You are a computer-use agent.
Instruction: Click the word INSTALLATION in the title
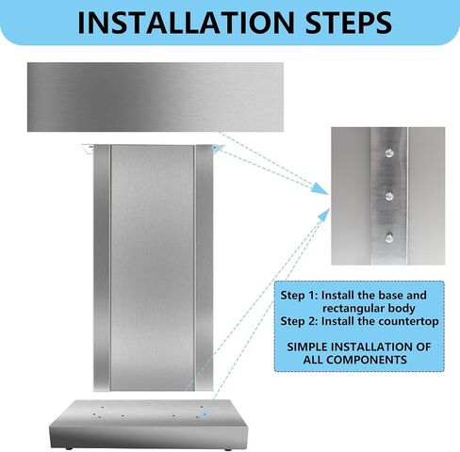pos(186,23)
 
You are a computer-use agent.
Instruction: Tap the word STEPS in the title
pos(349,23)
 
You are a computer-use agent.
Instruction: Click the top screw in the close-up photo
pos(389,153)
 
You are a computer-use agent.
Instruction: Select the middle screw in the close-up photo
pos(389,196)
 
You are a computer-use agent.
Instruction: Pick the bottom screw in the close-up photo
pos(389,238)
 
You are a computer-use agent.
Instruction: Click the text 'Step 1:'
pos(300,296)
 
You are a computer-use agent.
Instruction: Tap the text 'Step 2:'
pos(300,322)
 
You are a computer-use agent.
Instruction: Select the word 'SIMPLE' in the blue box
pos(307,347)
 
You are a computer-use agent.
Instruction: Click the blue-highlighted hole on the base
pos(205,414)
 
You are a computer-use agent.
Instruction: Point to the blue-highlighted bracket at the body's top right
pos(217,148)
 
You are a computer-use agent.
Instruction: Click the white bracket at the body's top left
pos(88,148)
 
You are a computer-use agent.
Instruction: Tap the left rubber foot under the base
pos(69,448)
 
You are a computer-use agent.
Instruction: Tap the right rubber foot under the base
pos(227,449)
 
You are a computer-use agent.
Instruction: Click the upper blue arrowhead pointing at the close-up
pos(320,189)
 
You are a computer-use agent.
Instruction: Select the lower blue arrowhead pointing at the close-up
pos(324,216)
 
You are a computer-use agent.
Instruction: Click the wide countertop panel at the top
pos(156,97)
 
